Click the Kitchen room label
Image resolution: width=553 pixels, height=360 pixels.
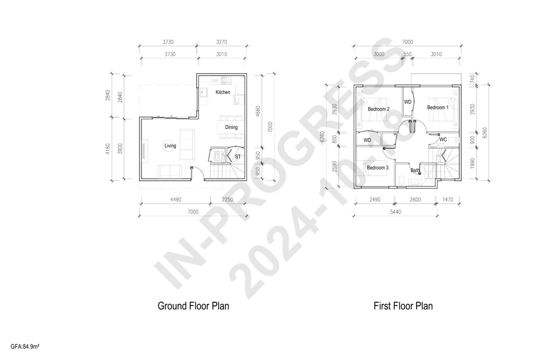(x=223, y=92)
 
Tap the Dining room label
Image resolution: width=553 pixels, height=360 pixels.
(x=231, y=127)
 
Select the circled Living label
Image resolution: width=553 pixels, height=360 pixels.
(x=170, y=146)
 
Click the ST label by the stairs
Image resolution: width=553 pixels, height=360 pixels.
(x=238, y=156)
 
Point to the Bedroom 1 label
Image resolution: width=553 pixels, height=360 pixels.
(x=437, y=107)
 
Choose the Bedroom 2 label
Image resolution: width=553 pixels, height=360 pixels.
(x=379, y=109)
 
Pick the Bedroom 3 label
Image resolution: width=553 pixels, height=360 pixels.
(x=377, y=167)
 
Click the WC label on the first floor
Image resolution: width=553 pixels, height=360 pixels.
(x=443, y=140)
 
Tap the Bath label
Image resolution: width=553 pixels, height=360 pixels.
(x=415, y=171)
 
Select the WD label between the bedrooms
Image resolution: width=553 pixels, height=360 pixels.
(x=407, y=102)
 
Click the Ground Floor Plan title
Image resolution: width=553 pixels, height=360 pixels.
(x=193, y=305)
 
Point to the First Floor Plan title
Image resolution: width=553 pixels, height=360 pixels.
(x=403, y=305)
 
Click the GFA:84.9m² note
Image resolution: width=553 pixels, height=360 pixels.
(x=25, y=347)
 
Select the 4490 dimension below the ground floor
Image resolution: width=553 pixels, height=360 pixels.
(x=176, y=200)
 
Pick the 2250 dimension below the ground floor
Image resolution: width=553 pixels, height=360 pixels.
(x=227, y=200)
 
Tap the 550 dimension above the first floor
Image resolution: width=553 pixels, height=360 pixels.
(x=407, y=55)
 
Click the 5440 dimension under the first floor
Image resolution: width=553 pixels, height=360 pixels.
(x=395, y=212)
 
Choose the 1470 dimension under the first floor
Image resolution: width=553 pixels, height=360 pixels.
(x=448, y=200)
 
